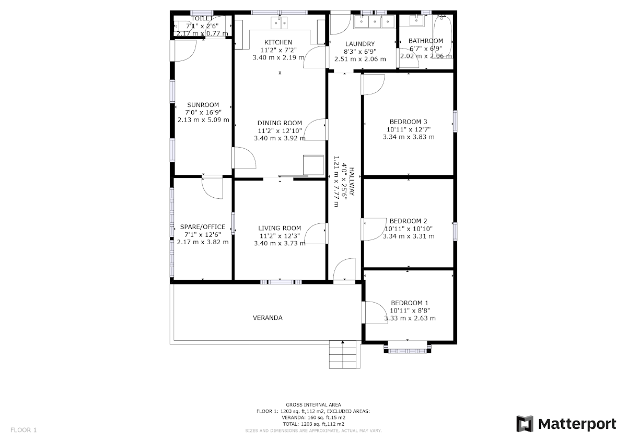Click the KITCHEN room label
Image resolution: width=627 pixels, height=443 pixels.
[x=278, y=42]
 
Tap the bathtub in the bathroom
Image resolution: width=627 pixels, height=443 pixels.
[x=443, y=37]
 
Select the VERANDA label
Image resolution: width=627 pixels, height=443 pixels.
[x=268, y=317]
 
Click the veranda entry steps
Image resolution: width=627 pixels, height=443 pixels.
[x=344, y=354]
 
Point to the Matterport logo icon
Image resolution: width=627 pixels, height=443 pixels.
[x=525, y=424]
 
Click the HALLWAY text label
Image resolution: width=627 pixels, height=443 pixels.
[x=352, y=182]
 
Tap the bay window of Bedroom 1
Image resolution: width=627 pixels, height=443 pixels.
[x=407, y=347]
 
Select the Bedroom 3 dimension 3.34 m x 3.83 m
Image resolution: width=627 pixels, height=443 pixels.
[x=409, y=137]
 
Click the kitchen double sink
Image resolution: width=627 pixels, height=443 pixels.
[x=279, y=22]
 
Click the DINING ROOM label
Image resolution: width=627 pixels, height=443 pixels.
[x=280, y=123]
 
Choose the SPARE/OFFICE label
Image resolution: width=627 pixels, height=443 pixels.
[x=203, y=226]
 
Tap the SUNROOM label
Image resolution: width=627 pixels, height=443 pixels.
[x=203, y=105]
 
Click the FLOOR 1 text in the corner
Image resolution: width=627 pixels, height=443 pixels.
[x=24, y=430]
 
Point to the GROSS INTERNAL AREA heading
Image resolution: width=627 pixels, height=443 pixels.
[x=313, y=404]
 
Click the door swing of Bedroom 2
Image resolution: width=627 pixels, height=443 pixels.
[x=374, y=229]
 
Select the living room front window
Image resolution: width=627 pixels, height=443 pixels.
[x=281, y=282]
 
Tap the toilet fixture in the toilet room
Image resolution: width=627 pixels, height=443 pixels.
[x=183, y=27]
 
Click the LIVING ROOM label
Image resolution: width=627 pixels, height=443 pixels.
[x=280, y=228]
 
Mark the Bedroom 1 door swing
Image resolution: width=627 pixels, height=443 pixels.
[x=376, y=312]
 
